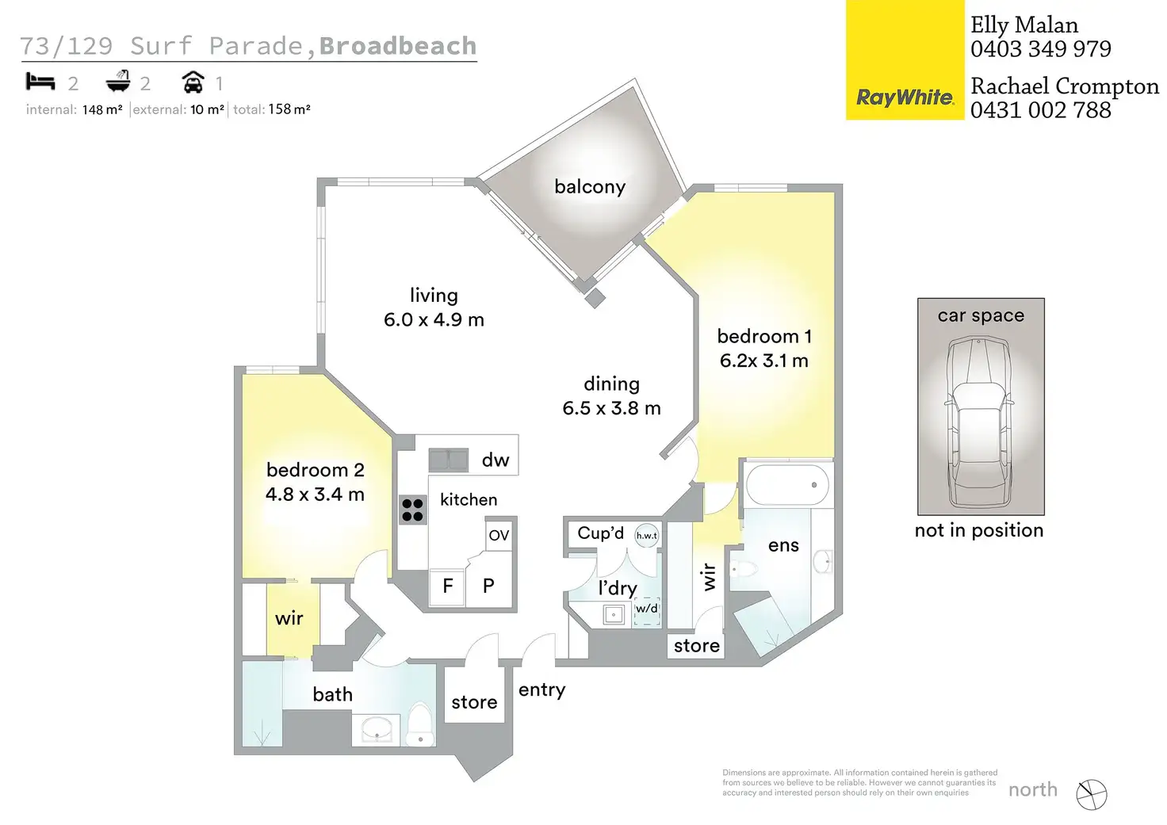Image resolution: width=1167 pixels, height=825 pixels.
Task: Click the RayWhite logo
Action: (905, 97)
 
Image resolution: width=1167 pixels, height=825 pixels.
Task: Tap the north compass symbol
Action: (1092, 794)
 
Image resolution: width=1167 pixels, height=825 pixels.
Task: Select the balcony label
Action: (590, 187)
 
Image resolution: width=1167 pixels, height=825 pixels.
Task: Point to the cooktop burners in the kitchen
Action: (412, 510)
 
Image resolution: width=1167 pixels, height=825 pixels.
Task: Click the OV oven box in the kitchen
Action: (499, 535)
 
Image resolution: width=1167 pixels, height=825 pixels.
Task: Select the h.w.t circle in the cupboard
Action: (647, 536)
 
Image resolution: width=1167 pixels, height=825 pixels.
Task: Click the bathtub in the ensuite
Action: (787, 484)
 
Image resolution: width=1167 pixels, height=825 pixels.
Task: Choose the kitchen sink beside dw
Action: (449, 460)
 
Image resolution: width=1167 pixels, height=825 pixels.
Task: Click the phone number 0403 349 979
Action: (1040, 49)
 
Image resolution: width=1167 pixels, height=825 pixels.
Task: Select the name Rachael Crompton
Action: (1064, 86)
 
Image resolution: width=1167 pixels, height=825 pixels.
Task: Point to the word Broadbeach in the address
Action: (398, 46)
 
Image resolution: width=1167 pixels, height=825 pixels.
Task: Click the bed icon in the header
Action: (40, 82)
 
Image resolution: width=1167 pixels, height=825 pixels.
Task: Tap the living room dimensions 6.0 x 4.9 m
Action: (434, 319)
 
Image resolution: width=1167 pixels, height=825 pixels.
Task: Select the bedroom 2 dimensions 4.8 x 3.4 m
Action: (315, 495)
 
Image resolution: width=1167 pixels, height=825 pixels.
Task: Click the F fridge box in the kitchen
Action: (447, 586)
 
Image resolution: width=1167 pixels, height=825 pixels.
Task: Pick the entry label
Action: (542, 690)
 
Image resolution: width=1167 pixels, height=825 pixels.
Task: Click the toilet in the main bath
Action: (420, 724)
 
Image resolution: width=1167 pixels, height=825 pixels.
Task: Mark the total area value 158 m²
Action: (289, 109)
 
